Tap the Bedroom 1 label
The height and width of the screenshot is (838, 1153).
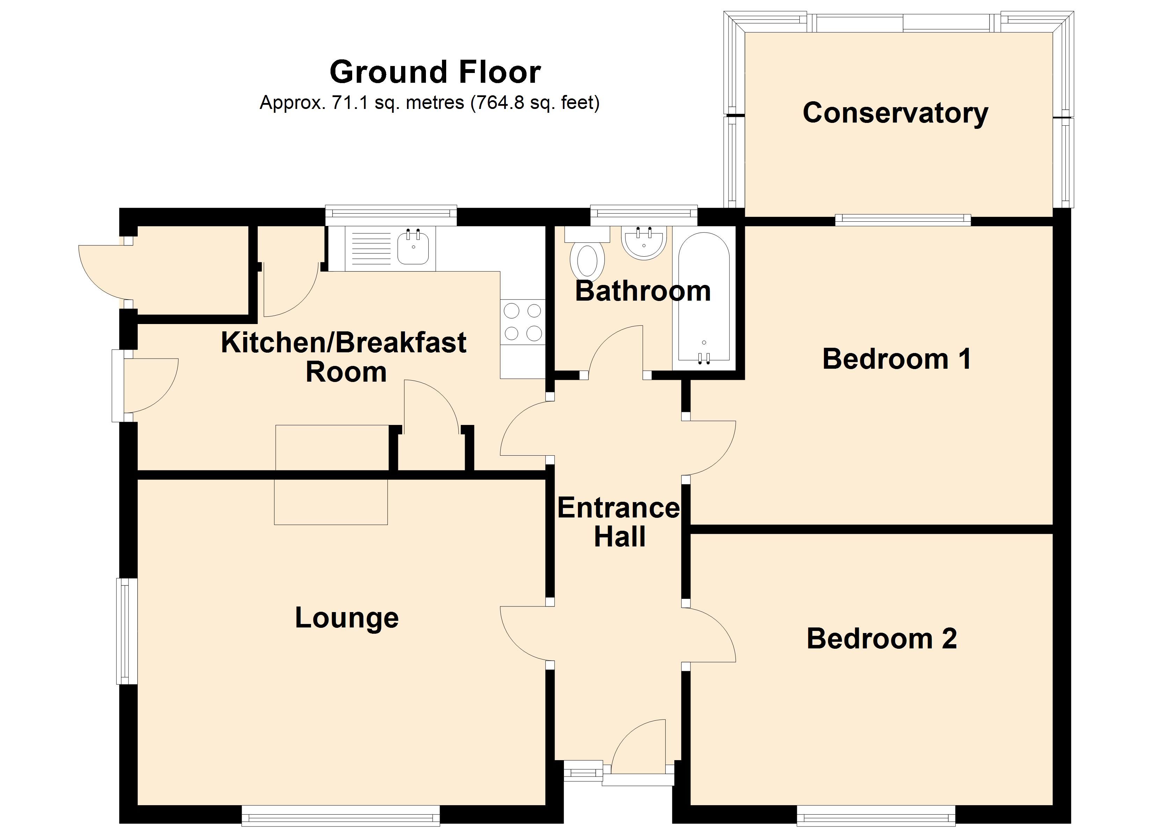click(x=897, y=359)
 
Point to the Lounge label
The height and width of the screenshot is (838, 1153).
click(x=347, y=618)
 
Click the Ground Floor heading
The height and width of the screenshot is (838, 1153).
click(x=435, y=72)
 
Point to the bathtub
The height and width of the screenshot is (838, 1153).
click(x=704, y=299)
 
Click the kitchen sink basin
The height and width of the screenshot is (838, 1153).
click(x=413, y=247)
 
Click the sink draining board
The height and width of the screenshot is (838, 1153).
click(x=371, y=249)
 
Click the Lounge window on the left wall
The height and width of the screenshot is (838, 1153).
click(x=127, y=631)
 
